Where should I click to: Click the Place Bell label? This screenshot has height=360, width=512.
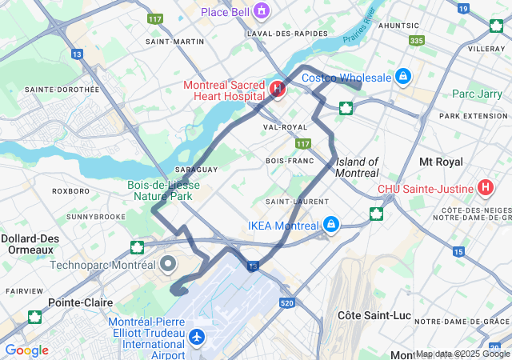click(212, 11)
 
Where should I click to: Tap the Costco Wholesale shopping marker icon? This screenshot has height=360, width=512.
click(404, 77)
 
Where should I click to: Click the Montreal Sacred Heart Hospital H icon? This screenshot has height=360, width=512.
click(278, 89)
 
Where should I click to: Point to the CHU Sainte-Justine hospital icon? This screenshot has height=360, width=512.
click(484, 188)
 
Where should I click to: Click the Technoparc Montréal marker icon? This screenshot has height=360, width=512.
click(168, 263)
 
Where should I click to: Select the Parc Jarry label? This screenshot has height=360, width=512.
click(475, 94)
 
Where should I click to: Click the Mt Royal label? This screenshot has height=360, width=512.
click(441, 162)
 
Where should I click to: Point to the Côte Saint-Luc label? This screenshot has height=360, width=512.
click(374, 315)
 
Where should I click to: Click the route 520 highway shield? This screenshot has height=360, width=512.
click(287, 303)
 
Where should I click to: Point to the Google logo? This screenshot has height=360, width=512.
click(26, 350)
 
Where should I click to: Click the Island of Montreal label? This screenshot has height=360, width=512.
click(357, 167)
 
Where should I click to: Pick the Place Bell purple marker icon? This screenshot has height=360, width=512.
click(261, 10)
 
